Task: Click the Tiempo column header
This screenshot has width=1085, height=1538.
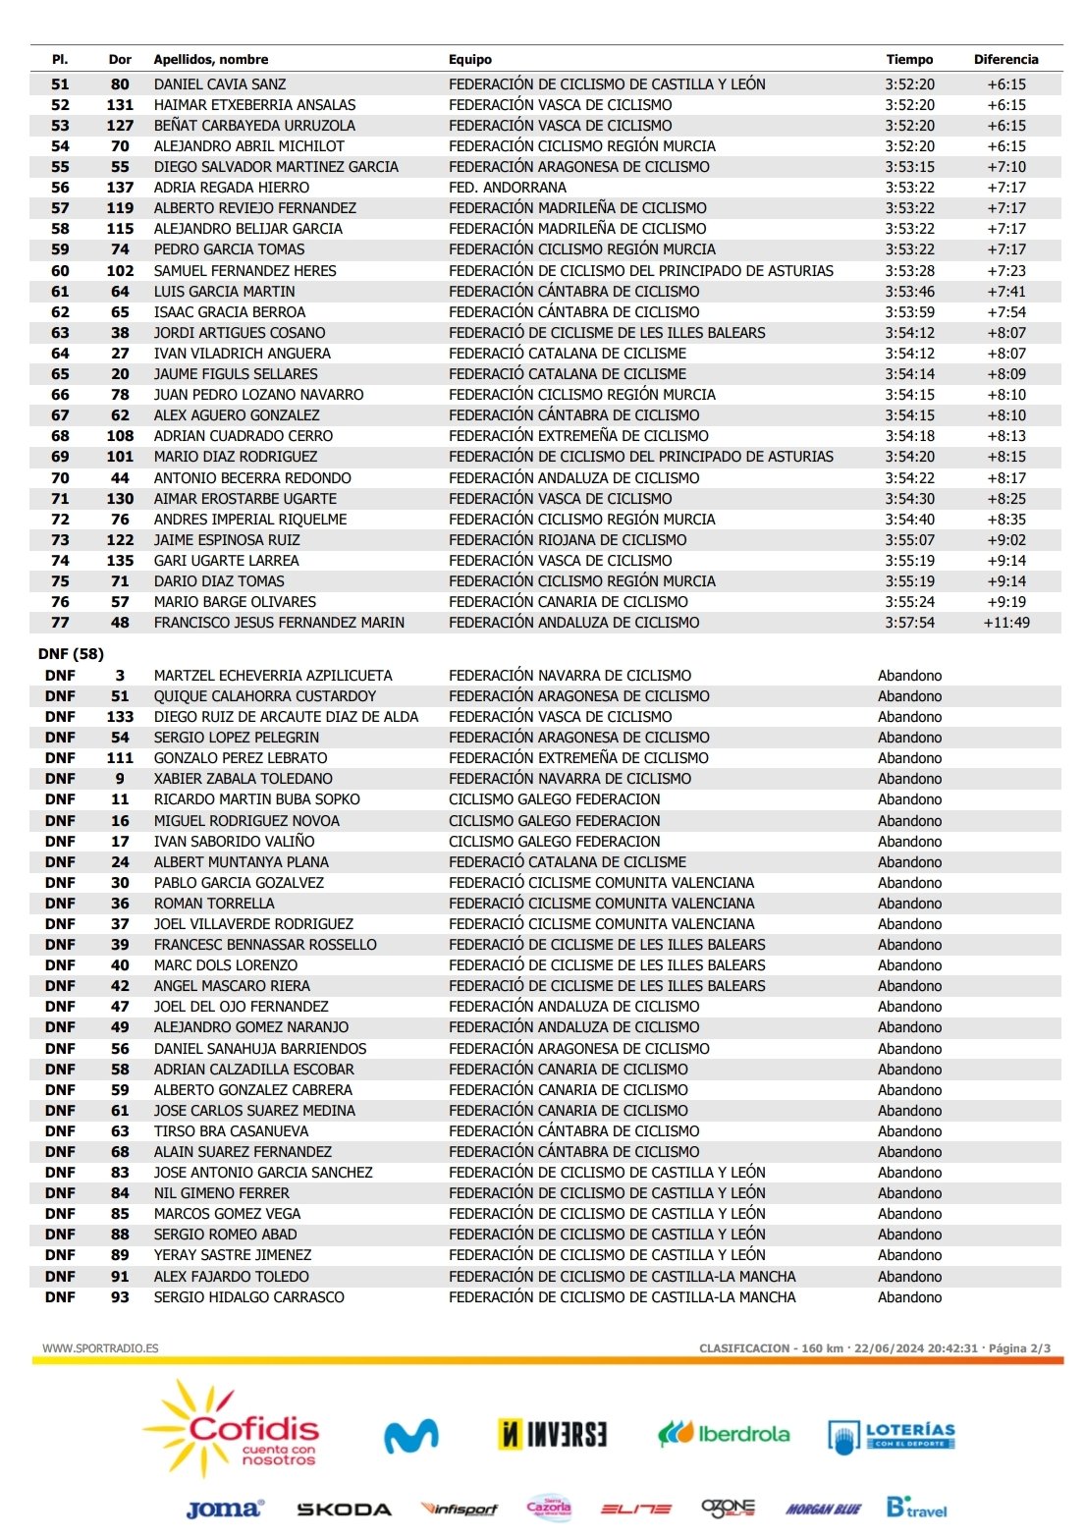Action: click(x=909, y=59)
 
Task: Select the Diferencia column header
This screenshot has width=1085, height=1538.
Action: click(x=1005, y=59)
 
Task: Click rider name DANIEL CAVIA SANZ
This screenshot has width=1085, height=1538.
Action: click(x=220, y=84)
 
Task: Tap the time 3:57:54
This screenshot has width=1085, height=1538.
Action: click(x=909, y=623)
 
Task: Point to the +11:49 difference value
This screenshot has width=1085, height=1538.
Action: click(x=1006, y=623)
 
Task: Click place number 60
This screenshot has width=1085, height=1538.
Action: click(x=60, y=271)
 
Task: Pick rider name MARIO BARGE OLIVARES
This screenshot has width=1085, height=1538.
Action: click(x=235, y=602)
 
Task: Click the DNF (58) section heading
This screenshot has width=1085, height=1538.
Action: click(x=71, y=654)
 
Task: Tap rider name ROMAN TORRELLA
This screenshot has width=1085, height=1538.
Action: click(x=214, y=904)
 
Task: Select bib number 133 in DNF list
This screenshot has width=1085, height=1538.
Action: click(x=120, y=717)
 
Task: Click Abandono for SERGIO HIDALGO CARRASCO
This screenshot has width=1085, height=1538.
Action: click(x=909, y=1297)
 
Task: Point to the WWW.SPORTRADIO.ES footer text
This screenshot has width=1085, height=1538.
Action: click(x=100, y=1348)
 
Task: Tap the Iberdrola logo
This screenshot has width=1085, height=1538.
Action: click(x=724, y=1434)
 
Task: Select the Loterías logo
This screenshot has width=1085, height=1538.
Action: click(x=892, y=1436)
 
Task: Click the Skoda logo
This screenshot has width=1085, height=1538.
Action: click(x=344, y=1510)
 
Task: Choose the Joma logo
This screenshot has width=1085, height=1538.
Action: click(x=225, y=1510)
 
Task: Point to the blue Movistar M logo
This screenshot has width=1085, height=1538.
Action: click(x=410, y=1436)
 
